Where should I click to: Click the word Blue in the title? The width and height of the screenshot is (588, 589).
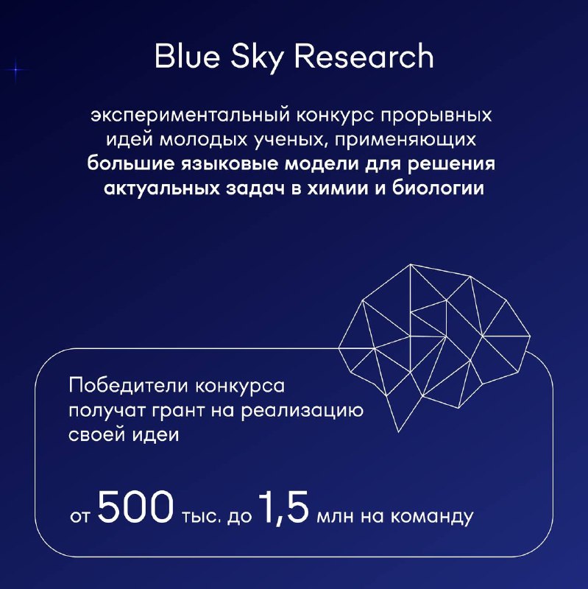click(187, 56)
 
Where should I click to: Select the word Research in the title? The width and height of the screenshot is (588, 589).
click(364, 56)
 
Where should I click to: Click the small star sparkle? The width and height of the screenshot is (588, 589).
click(16, 70)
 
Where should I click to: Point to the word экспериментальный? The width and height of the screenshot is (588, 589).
click(191, 116)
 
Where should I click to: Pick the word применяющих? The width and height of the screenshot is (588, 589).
click(405, 141)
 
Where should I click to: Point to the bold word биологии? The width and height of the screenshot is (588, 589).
click(438, 188)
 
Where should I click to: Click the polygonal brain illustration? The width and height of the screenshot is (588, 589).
click(433, 347)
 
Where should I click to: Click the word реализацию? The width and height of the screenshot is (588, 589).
click(302, 411)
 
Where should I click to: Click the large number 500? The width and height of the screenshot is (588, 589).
click(136, 507)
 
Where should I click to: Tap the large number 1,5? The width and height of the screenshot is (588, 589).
click(284, 508)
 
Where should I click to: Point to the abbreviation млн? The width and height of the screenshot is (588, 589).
click(336, 518)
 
